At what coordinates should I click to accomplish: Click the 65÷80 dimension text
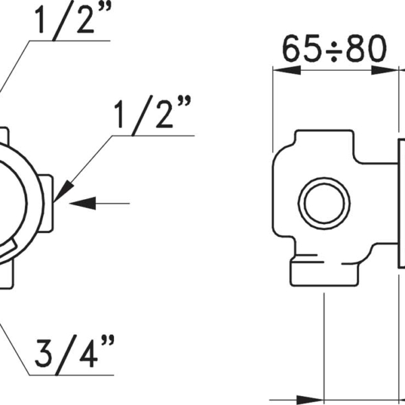(334, 49)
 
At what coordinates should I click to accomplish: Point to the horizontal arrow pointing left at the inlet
(99, 203)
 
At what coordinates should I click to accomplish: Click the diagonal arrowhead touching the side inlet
(63, 191)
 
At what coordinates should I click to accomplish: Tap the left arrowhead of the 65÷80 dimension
(287, 70)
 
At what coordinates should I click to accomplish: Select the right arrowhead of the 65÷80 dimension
(385, 70)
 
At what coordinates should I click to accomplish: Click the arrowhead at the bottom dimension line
(310, 400)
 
